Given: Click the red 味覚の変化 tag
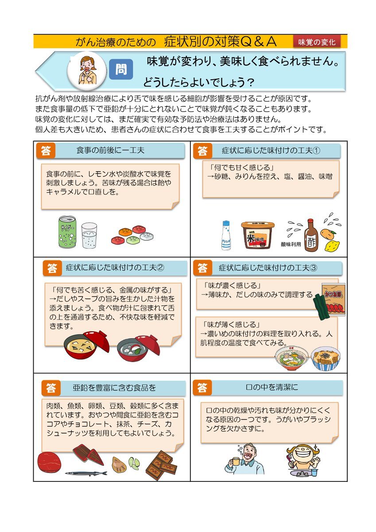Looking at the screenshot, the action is (x=317, y=42).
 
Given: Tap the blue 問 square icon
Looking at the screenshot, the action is (x=121, y=69).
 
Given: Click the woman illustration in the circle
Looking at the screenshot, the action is (x=88, y=70).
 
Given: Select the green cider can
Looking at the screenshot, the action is (x=67, y=232).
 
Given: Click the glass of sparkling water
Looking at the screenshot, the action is (x=89, y=235).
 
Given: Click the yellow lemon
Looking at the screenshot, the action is (x=332, y=246).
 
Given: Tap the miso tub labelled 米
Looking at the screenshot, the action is (x=258, y=235).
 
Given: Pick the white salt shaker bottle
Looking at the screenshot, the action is (x=226, y=235).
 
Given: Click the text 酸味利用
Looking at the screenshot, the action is (x=291, y=244).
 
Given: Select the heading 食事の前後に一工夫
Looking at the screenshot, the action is (x=110, y=150).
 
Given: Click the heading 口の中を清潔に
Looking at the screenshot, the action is (x=272, y=387).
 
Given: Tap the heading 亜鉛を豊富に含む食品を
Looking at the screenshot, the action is (x=114, y=387).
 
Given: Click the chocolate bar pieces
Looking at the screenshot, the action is (x=161, y=465).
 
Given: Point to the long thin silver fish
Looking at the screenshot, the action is (x=86, y=473).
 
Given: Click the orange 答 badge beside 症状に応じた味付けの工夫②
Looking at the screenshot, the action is (x=52, y=268).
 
